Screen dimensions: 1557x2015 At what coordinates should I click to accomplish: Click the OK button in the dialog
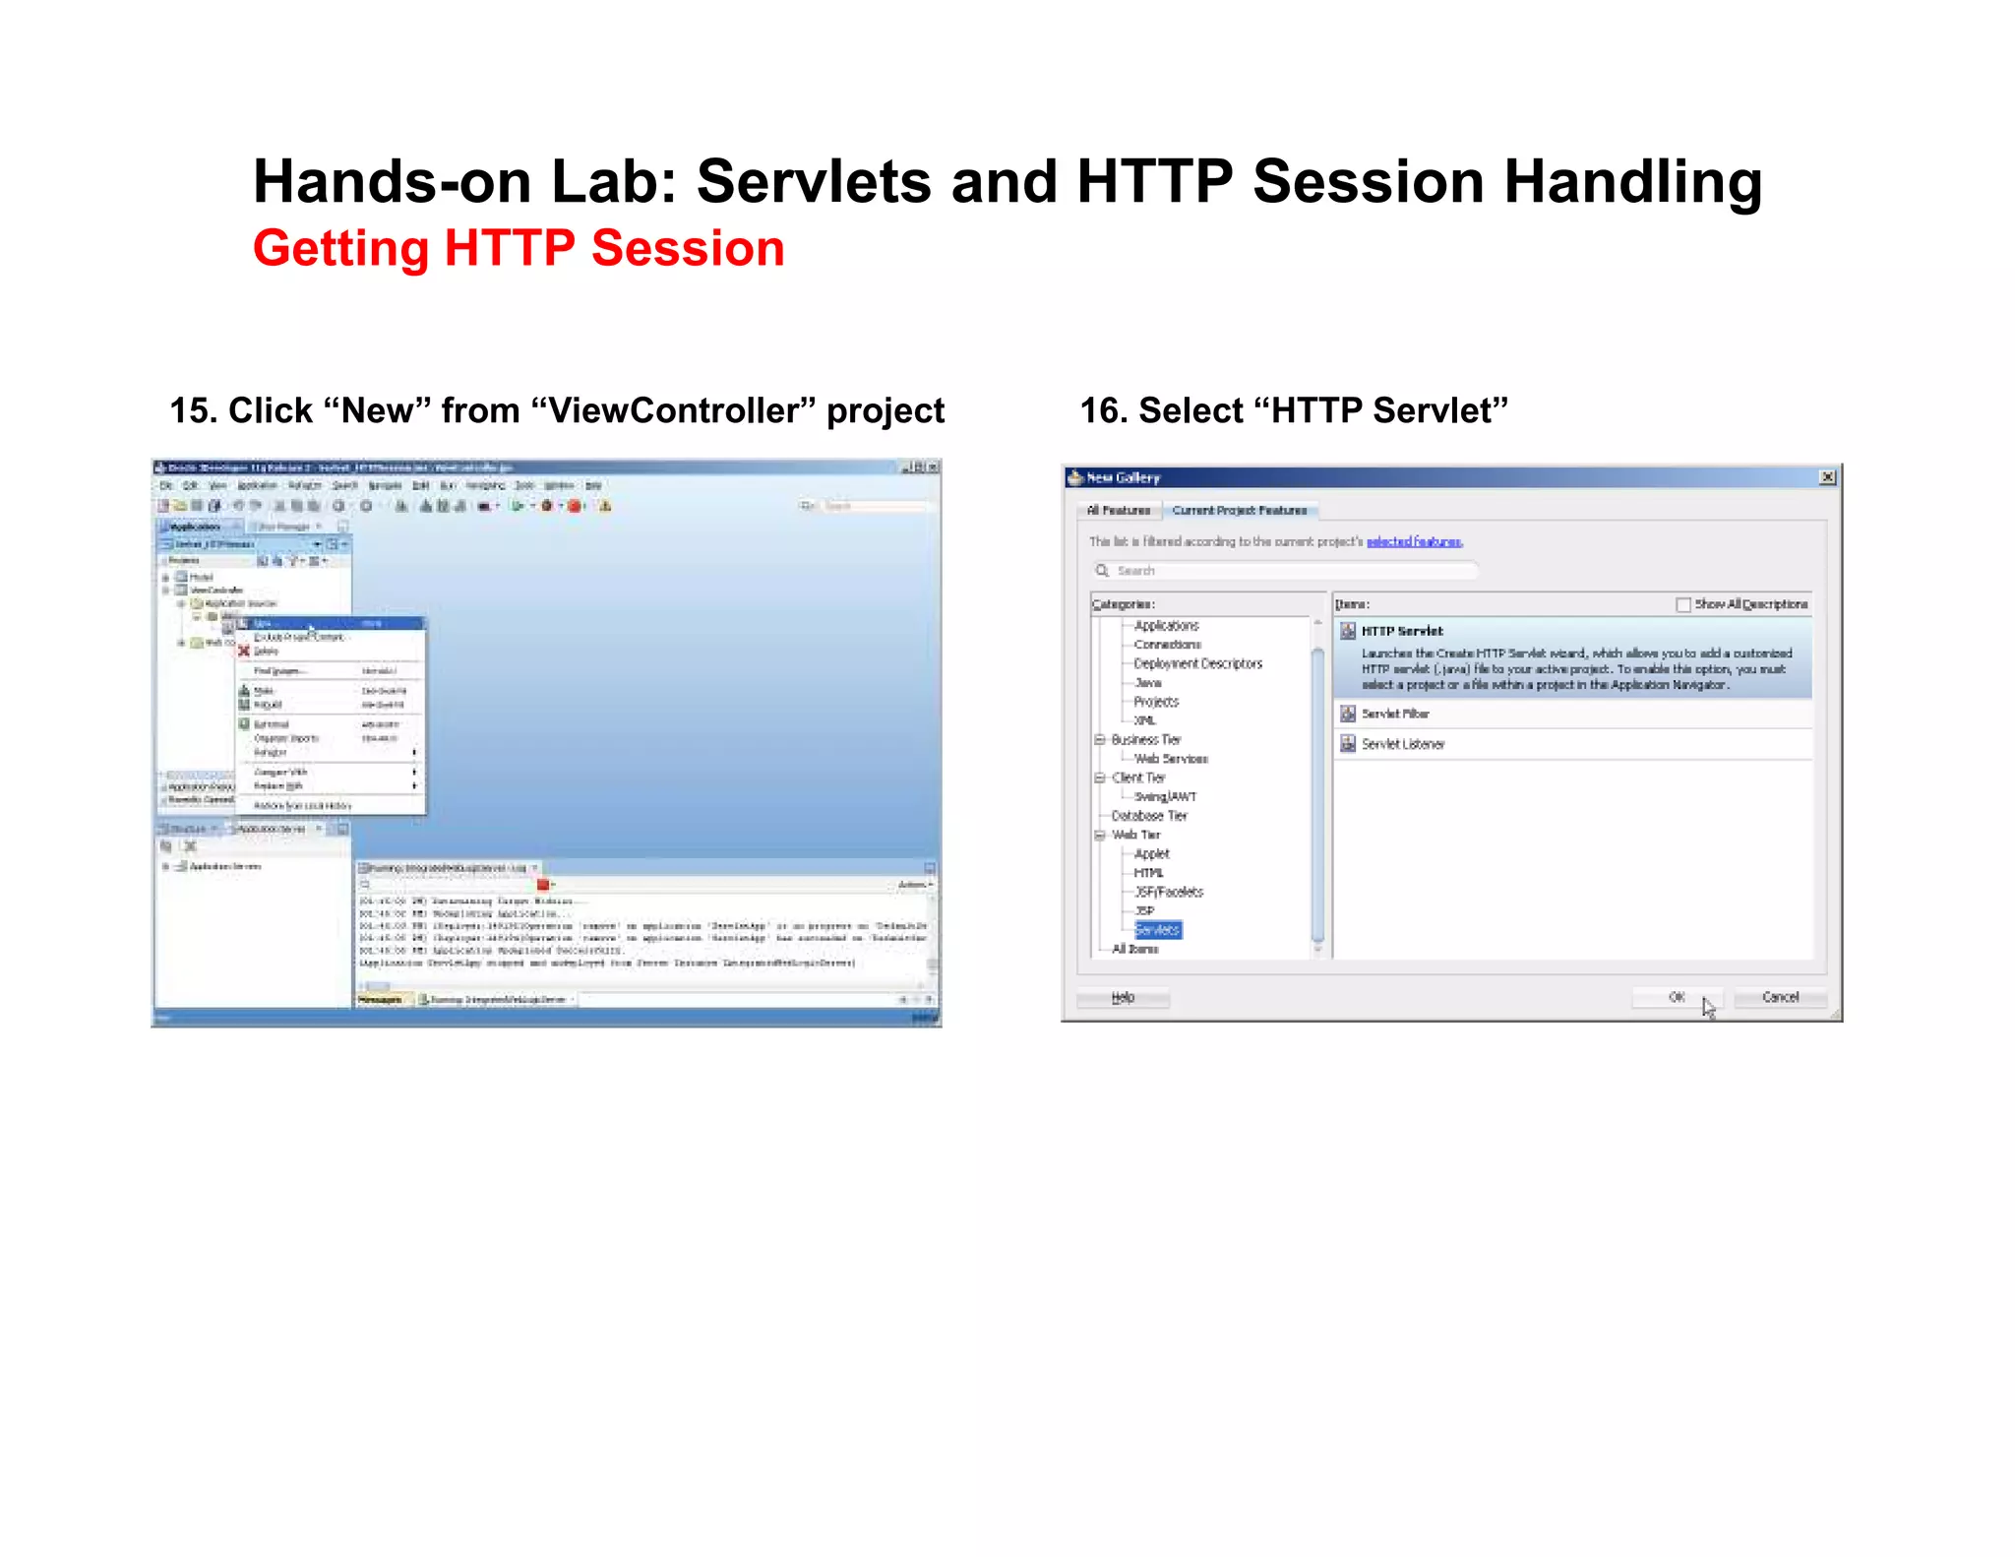(1676, 997)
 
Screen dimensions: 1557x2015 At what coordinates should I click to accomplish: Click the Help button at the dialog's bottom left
(1123, 998)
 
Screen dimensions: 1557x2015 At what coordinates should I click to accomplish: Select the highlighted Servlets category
(1157, 930)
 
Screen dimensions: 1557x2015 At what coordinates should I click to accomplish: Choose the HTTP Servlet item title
(1401, 631)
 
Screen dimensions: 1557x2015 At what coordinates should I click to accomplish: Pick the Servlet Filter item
(1394, 714)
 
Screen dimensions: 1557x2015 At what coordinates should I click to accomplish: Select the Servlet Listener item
(1402, 744)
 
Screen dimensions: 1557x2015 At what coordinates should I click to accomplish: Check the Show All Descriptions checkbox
(1682, 604)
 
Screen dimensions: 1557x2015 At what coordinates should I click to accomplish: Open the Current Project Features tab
(1239, 510)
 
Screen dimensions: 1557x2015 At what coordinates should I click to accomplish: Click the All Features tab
(1118, 510)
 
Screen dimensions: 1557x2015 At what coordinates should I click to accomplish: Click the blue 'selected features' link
(1414, 541)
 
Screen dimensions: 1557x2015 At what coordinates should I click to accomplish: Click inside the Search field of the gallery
(1289, 571)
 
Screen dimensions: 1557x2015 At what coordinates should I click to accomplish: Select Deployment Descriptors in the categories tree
(1197, 663)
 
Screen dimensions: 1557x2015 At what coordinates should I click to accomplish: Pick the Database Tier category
(1148, 816)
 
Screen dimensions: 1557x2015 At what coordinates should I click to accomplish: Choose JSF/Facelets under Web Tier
(1168, 892)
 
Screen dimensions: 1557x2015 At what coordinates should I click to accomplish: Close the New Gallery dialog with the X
(1827, 477)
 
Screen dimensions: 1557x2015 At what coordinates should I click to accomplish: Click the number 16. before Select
(1102, 410)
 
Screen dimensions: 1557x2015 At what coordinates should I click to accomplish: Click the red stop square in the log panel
(542, 885)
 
